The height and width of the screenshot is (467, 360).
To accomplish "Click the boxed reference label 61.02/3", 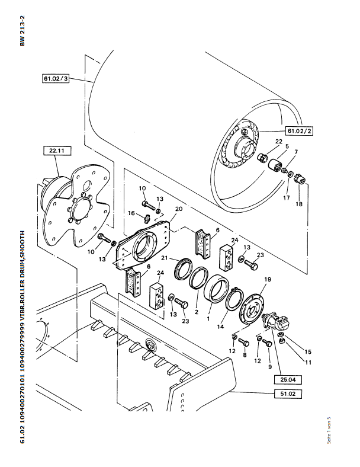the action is click(x=56, y=79).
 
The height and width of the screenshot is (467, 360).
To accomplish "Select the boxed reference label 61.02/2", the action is click(x=299, y=131).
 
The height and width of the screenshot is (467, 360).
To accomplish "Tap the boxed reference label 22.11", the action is click(x=57, y=151).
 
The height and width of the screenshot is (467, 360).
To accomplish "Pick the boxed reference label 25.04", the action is click(x=288, y=380).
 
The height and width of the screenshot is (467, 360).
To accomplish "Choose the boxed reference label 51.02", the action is click(x=288, y=394).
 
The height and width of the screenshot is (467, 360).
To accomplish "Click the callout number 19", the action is click(x=268, y=279).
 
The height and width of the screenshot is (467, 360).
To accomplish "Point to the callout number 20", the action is click(x=178, y=209).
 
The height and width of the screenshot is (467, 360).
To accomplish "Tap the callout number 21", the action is click(x=165, y=258).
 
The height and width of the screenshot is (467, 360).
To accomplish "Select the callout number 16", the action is click(x=131, y=213).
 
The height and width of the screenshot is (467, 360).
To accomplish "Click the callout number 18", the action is click(x=298, y=204).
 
